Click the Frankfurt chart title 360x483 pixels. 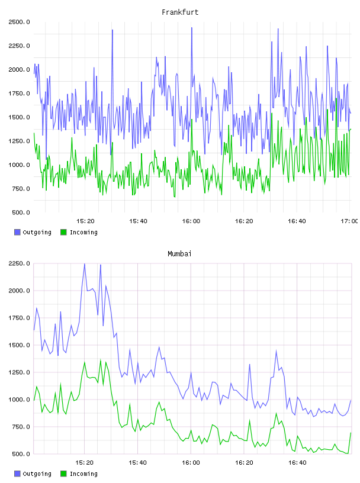point(180,12)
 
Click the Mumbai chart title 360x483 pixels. point(179,254)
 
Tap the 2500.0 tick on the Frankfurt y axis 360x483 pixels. point(19,22)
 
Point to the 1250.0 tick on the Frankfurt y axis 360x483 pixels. point(19,141)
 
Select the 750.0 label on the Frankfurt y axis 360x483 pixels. point(21,188)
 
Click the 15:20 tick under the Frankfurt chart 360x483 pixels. point(85,221)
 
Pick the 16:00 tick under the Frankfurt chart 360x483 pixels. point(191,221)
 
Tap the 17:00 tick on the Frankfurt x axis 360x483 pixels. point(349,221)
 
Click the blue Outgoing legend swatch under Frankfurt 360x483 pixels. point(17,232)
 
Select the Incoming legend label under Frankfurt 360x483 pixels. point(83,232)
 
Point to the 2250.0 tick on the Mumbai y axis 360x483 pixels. point(19,263)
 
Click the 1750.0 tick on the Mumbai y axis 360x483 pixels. point(19,318)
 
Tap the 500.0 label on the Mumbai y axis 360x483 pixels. point(21,454)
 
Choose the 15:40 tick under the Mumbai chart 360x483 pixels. point(138,462)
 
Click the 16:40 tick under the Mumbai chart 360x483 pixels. point(297,462)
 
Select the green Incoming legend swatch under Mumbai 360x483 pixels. point(63,474)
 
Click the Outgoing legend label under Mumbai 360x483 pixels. point(37,474)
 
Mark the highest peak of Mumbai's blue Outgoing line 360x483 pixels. point(85,264)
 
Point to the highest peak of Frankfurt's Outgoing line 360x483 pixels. point(191,28)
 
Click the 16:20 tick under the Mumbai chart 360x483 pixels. point(244,462)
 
